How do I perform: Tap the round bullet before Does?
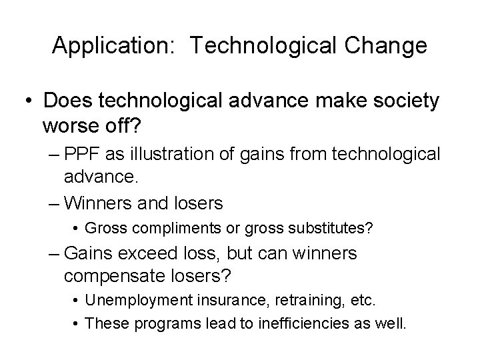[x=28, y=102]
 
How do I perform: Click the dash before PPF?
[x=57, y=155]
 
